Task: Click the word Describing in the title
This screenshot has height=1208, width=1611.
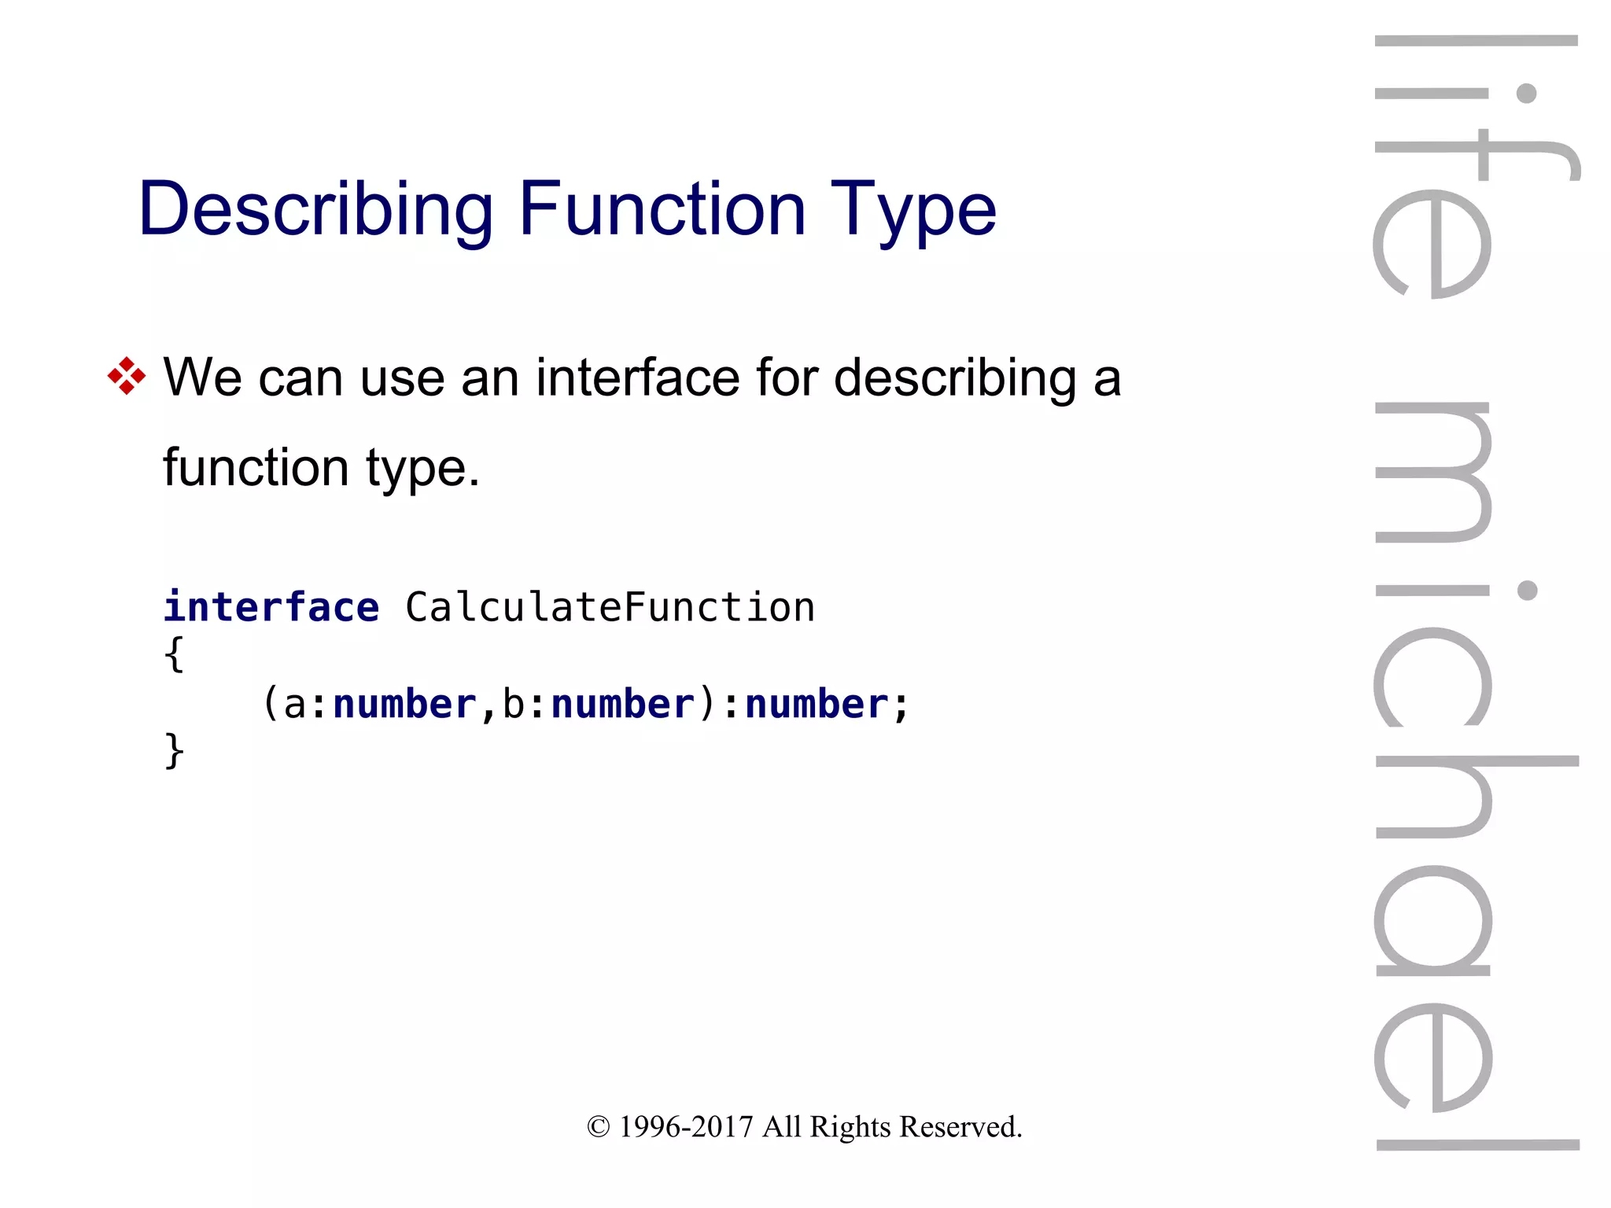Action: coord(315,208)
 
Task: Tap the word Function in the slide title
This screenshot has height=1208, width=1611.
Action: coord(662,208)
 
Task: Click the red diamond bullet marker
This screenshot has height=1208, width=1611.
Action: coord(127,376)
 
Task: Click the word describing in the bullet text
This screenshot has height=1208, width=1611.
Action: coord(955,378)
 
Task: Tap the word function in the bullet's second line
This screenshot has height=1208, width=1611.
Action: coord(255,467)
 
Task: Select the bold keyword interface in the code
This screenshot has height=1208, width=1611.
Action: coord(271,607)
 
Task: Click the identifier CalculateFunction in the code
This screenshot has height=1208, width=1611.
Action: coord(610,607)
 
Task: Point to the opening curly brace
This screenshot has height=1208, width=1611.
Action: coord(174,654)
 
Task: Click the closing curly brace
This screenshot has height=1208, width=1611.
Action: coord(174,751)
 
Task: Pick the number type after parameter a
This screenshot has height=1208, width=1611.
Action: coord(404,704)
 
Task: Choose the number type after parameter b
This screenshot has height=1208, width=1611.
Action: coord(623,704)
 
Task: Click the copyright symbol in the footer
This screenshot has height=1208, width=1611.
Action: coord(598,1127)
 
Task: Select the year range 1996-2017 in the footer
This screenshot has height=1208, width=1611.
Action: coord(686,1127)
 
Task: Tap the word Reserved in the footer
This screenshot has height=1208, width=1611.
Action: coord(960,1127)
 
